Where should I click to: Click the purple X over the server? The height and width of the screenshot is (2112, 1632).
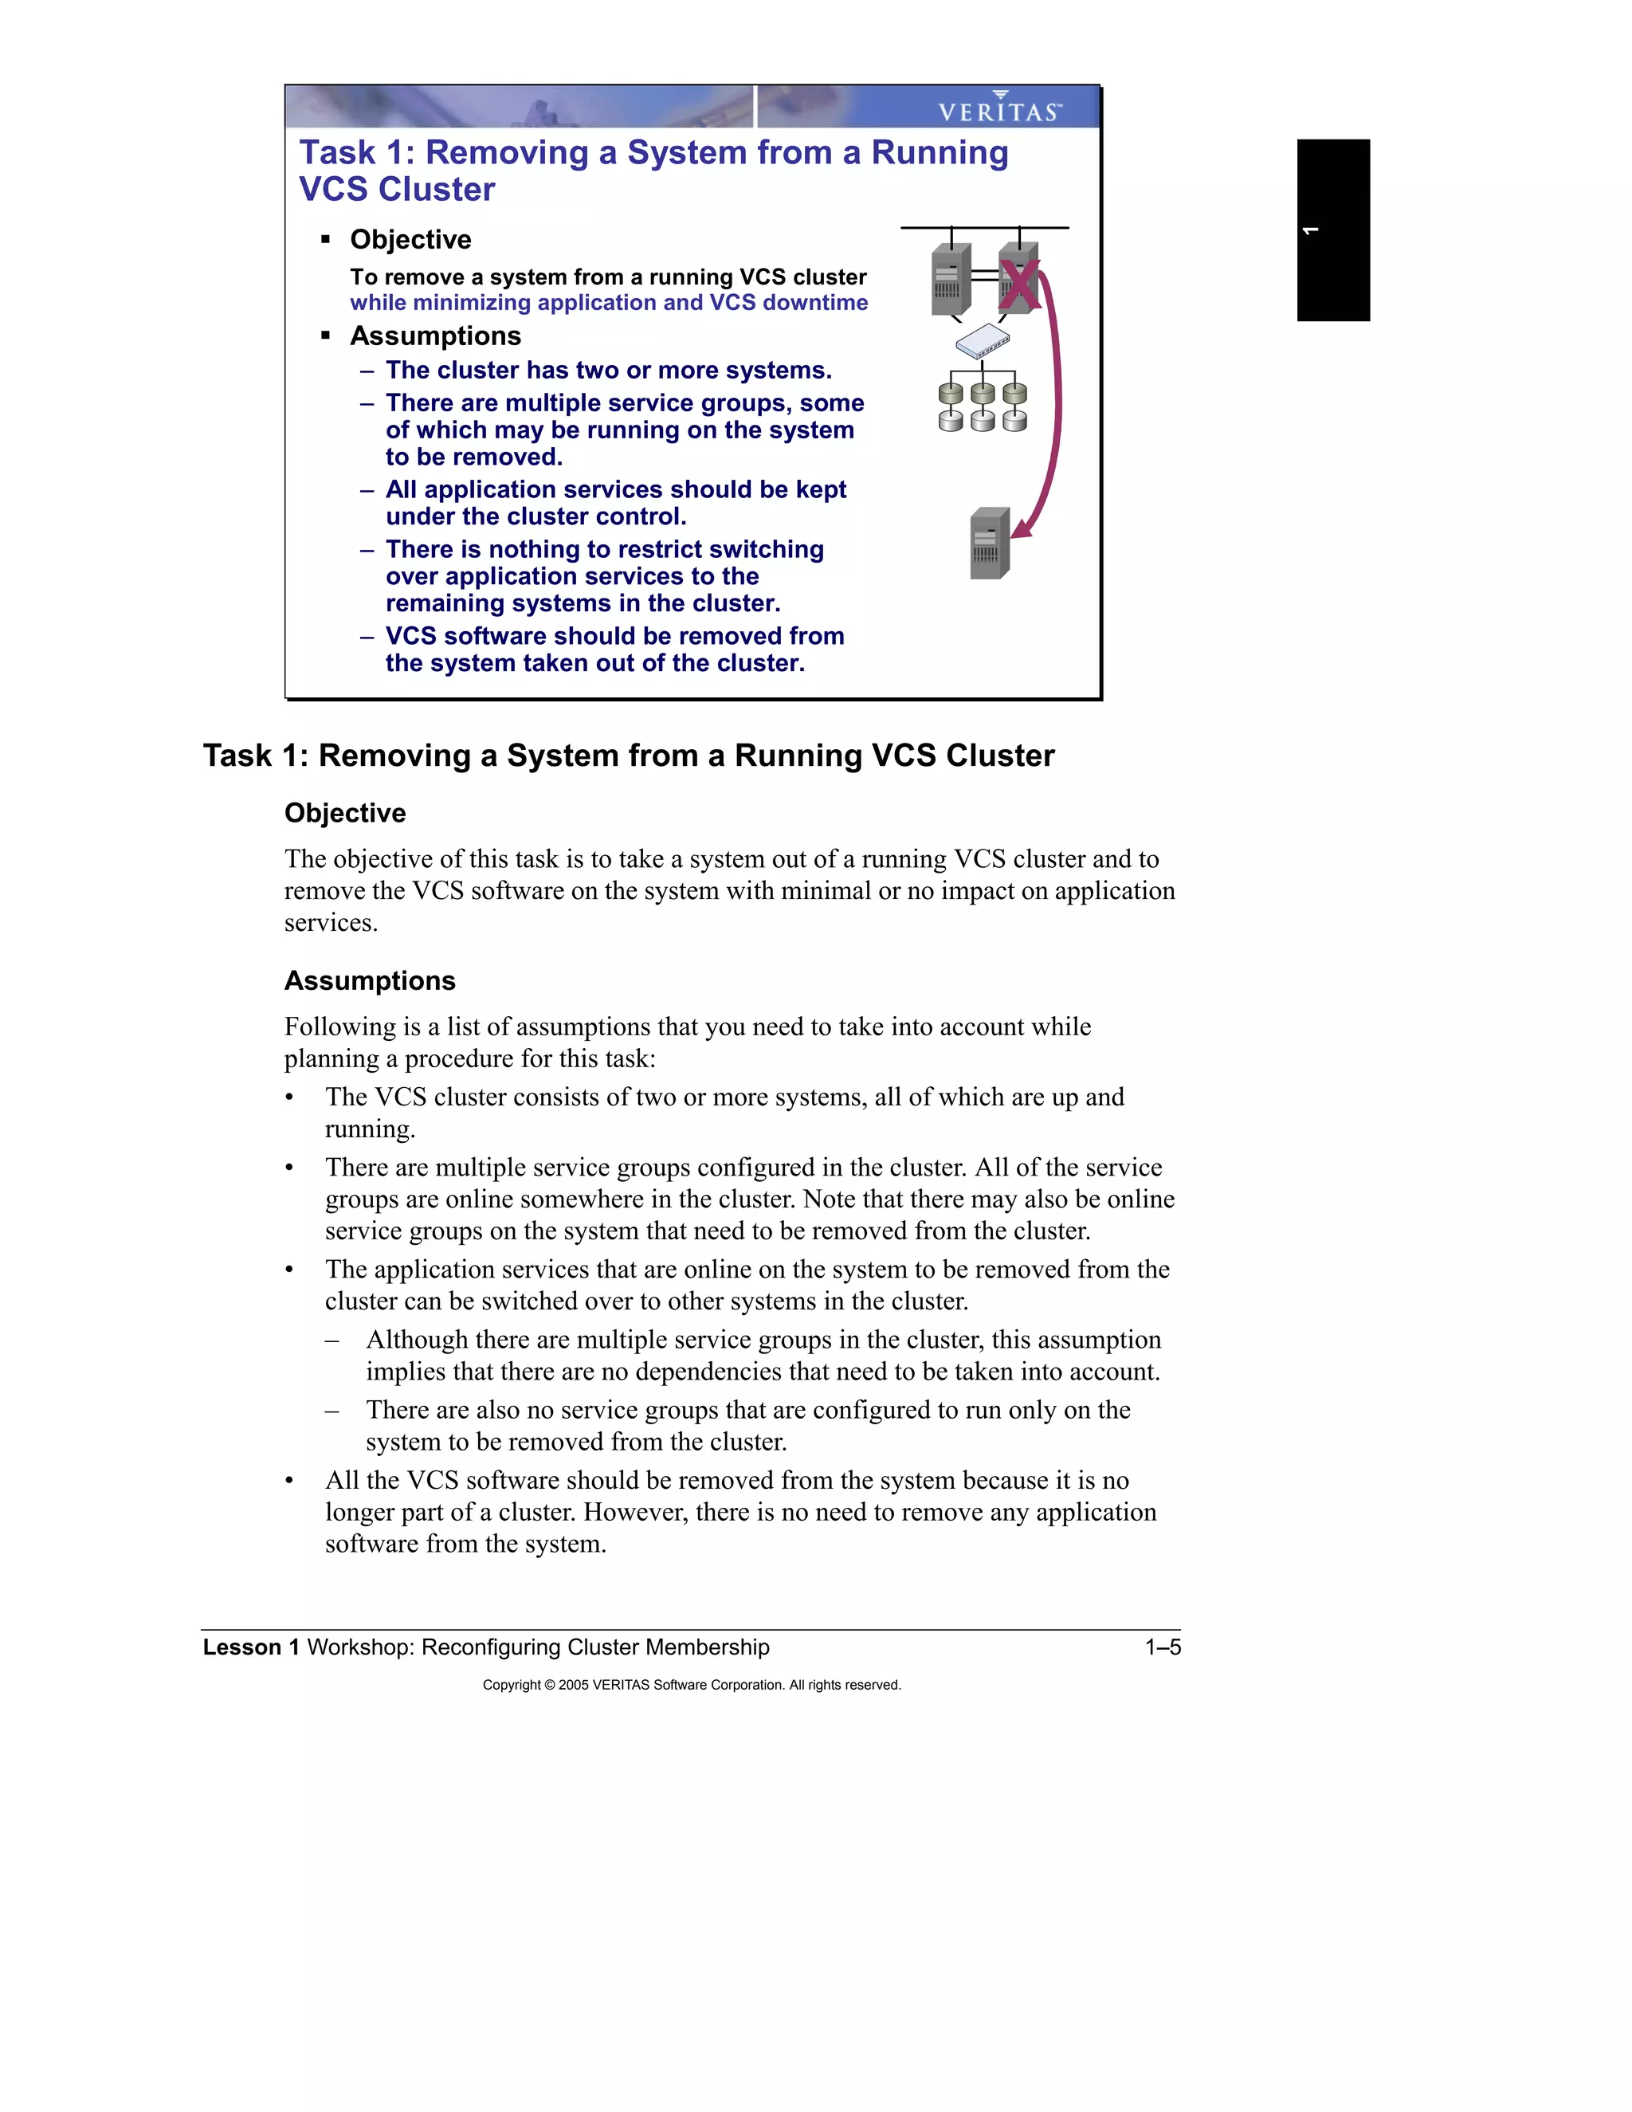1019,285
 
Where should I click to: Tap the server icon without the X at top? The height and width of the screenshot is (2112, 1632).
951,280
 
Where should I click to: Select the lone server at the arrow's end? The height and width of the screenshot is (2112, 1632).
990,544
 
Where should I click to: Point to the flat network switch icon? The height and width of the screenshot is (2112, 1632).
983,340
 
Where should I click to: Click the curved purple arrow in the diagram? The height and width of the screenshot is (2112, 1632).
1057,406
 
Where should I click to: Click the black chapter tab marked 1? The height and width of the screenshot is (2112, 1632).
1332,230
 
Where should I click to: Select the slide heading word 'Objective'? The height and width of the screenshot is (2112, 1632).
410,240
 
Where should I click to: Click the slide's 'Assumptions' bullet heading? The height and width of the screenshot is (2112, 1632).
435,336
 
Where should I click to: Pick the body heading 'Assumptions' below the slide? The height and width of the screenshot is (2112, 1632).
369,980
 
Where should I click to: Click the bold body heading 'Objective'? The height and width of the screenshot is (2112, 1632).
344,813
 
